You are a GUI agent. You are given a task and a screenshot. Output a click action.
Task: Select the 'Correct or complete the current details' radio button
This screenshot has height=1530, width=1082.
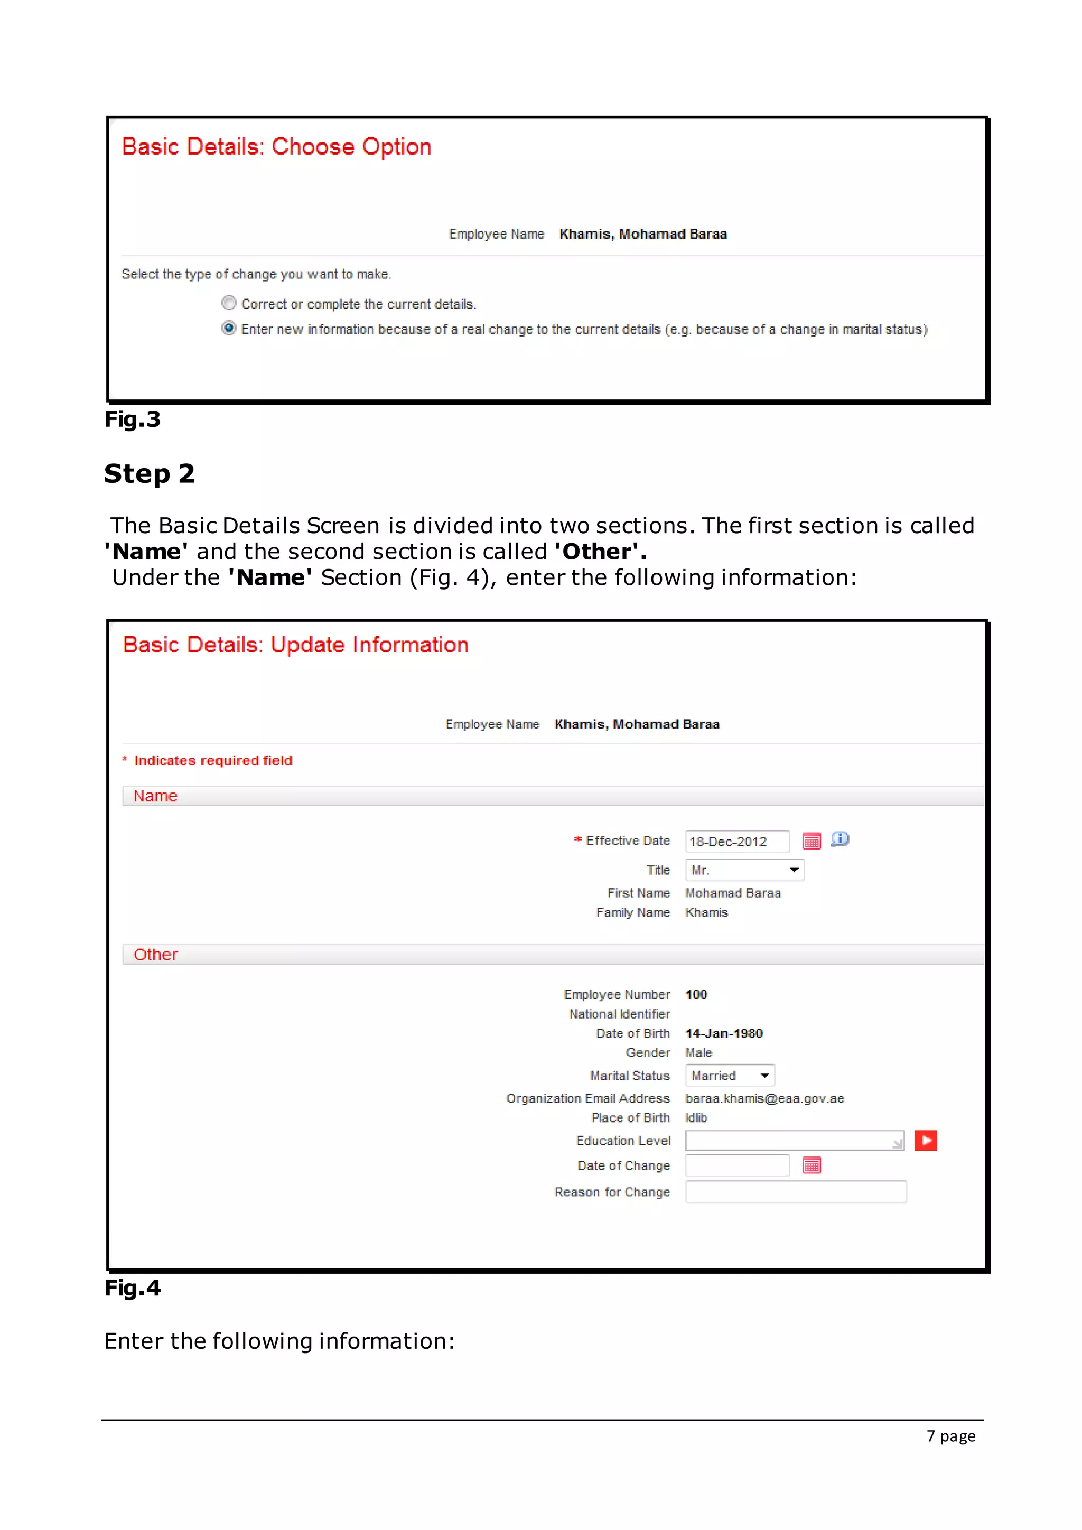coord(229,303)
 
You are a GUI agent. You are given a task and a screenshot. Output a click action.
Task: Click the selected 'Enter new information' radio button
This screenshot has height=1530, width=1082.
coord(229,328)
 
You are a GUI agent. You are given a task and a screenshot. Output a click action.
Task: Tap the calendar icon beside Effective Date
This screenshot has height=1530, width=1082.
coord(811,841)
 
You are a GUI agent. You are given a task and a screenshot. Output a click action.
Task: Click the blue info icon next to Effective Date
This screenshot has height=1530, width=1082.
coord(840,839)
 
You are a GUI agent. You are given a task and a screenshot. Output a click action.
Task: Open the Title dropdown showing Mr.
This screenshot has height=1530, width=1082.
coord(744,870)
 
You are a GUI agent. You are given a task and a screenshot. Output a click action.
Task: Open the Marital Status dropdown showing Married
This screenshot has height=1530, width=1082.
coord(730,1075)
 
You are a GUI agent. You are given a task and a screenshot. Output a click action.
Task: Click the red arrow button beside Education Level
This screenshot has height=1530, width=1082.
coord(926,1140)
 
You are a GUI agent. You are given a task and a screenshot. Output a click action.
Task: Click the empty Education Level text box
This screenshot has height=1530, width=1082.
coord(794,1140)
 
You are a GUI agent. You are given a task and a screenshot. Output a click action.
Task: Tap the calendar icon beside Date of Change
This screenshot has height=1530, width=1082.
coord(811,1165)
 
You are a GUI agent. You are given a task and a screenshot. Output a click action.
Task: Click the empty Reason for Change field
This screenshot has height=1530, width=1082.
coord(796,1191)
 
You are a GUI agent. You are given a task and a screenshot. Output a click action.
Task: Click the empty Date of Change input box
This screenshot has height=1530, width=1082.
coord(737,1165)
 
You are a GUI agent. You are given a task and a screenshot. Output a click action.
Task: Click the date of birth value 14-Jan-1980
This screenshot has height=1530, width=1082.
coord(724,1033)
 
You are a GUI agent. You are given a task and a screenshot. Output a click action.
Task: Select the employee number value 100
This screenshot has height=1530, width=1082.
coord(696,994)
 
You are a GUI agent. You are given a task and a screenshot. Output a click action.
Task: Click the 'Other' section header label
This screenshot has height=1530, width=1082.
coord(155,954)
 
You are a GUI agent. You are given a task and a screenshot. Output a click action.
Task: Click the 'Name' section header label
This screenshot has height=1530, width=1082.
coord(155,796)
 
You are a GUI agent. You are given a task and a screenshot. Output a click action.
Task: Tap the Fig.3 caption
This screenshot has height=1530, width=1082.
coord(132,419)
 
